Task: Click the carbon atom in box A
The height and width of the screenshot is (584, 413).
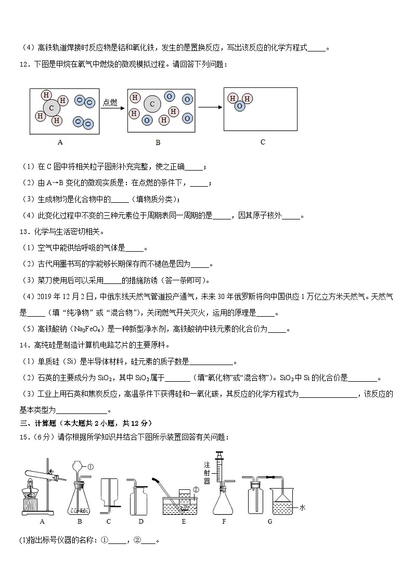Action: [x=51, y=108]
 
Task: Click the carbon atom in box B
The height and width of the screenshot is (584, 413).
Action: [x=152, y=104]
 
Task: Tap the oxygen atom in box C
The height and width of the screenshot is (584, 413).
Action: [x=239, y=106]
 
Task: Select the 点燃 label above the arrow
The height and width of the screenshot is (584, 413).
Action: [x=111, y=102]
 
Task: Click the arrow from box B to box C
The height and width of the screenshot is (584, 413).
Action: [x=210, y=107]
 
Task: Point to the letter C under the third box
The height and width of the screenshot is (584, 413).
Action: [x=263, y=142]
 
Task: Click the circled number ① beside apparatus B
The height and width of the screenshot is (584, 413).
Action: [x=90, y=466]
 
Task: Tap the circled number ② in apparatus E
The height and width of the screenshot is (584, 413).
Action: [x=196, y=489]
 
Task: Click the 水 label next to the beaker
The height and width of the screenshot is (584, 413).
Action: [x=302, y=508]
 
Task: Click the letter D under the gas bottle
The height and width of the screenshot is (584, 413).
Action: [x=141, y=521]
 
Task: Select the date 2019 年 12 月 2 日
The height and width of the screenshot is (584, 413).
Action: [x=61, y=296]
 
